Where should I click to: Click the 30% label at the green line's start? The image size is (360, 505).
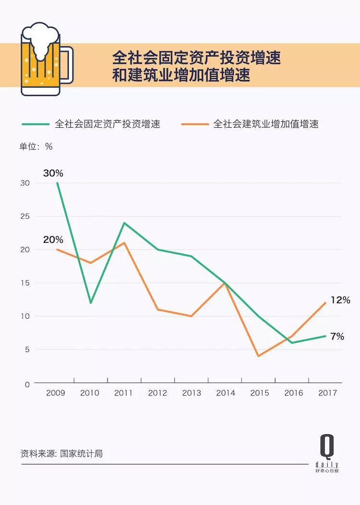click(53, 173)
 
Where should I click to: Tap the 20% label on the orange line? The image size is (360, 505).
click(53, 240)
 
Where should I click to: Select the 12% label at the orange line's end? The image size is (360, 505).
click(340, 300)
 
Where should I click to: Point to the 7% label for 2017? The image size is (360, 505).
click(337, 337)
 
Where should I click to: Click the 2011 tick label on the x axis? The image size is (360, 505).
click(123, 393)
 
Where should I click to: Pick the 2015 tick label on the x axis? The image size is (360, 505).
click(260, 393)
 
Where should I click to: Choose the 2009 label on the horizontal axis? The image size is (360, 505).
click(56, 393)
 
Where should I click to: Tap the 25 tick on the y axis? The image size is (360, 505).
click(25, 216)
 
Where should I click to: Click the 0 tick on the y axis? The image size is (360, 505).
click(27, 384)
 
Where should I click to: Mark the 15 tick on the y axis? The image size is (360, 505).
click(25, 283)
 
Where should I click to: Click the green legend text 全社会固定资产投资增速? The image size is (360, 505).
click(108, 124)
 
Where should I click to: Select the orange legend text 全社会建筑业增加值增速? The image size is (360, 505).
click(266, 124)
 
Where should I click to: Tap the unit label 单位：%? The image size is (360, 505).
click(36, 147)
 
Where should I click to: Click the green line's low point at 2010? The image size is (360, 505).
click(91, 303)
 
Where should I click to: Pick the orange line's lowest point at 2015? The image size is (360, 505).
click(259, 356)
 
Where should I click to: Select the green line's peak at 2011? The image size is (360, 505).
click(124, 223)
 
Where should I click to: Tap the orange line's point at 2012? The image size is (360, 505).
click(157, 310)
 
